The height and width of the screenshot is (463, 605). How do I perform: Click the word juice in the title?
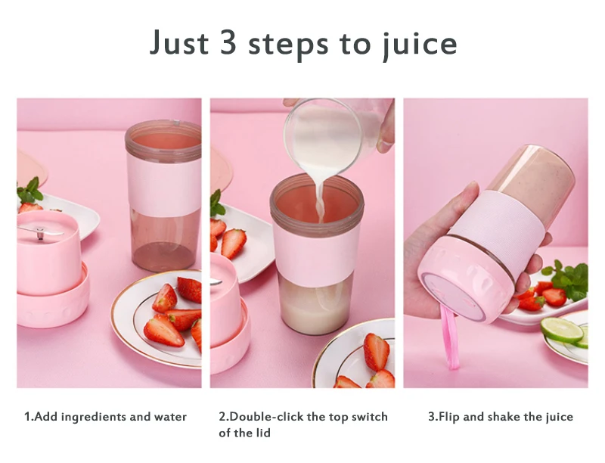click(420, 44)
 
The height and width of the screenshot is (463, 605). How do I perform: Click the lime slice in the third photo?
click(561, 330)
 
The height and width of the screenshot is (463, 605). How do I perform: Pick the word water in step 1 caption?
click(171, 417)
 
